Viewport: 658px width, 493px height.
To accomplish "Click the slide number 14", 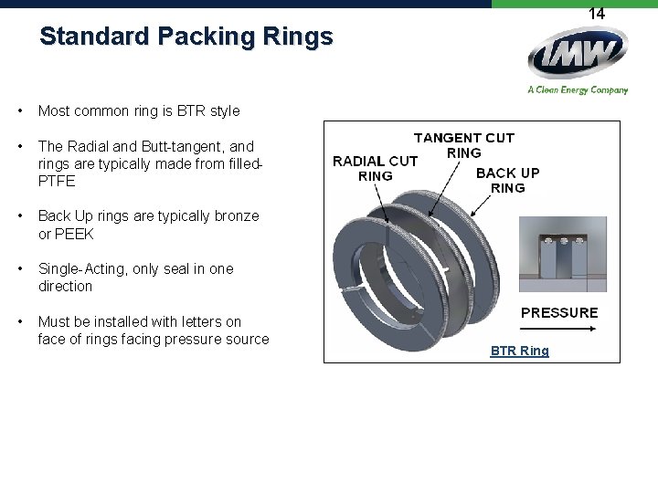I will tap(596, 14).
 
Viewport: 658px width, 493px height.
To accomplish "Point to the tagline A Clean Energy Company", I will tap(578, 89).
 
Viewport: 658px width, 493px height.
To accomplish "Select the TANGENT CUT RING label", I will tap(464, 145).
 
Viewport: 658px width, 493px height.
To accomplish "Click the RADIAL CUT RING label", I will tap(375, 168).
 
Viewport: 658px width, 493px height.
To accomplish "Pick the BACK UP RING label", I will tap(508, 180).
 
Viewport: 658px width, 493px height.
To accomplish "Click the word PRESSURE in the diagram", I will tap(559, 312).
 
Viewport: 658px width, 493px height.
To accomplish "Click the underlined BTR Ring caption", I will tap(519, 351).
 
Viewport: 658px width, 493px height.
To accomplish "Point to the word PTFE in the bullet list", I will tap(57, 181).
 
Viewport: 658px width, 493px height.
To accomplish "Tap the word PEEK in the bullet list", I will tap(77, 234).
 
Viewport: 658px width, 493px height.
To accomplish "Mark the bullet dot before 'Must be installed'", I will tap(19, 321).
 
